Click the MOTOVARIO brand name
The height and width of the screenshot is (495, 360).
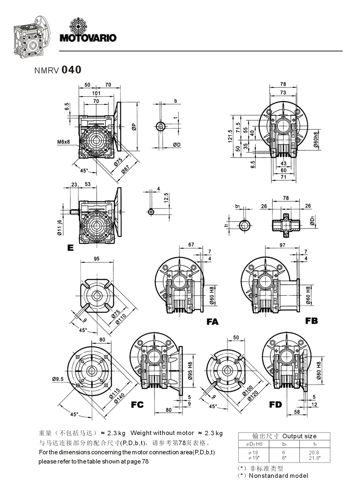pyautogui.click(x=88, y=37)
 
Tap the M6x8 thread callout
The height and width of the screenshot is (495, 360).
pyautogui.click(x=64, y=142)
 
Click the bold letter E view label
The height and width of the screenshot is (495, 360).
pyautogui.click(x=70, y=248)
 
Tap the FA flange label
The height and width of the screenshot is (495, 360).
pyautogui.click(x=213, y=322)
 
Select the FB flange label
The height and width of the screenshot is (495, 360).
pyautogui.click(x=311, y=321)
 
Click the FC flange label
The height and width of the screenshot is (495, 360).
pyautogui.click(x=137, y=405)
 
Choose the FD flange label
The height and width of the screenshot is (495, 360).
pyautogui.click(x=275, y=404)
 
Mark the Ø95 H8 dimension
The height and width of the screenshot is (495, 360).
pyautogui.click(x=190, y=370)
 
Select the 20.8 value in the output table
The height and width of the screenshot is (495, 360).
pyautogui.click(x=314, y=452)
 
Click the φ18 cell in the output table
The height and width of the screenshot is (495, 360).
pyautogui.click(x=253, y=452)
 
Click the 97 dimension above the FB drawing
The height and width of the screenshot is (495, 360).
pyautogui.click(x=282, y=245)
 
